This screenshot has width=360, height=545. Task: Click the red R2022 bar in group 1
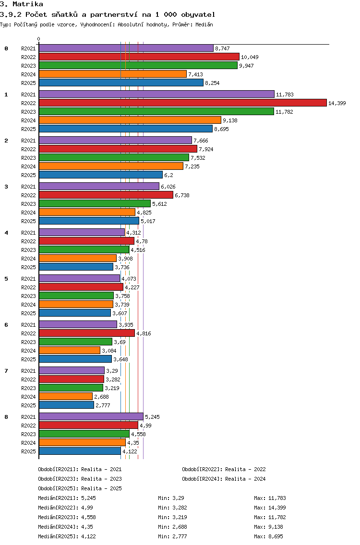[183, 103]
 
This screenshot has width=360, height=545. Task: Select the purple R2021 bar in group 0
[126, 48]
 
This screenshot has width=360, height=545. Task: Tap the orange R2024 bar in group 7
[66, 397]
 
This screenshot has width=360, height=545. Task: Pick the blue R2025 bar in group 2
[101, 175]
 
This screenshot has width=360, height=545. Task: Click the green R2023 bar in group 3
[95, 204]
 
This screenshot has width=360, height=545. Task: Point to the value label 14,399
[337, 103]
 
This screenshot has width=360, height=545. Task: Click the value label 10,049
[250, 57]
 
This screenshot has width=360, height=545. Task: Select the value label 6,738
[182, 195]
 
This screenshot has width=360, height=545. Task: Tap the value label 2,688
[102, 397]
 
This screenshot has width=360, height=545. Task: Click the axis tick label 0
[38, 39]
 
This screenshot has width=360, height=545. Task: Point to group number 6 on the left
[6, 325]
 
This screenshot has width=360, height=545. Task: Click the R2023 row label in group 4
[28, 250]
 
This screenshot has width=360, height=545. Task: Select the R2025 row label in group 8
[28, 451]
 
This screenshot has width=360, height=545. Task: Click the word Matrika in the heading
[28, 4]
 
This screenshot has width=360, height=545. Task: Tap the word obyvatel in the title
[198, 14]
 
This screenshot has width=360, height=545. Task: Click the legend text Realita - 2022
[245, 469]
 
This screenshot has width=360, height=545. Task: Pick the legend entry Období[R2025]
[58, 488]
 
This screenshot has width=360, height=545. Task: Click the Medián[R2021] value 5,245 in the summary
[88, 498]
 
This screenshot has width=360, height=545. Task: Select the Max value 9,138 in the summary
[276, 527]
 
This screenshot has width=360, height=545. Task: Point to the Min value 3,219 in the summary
[180, 517]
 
